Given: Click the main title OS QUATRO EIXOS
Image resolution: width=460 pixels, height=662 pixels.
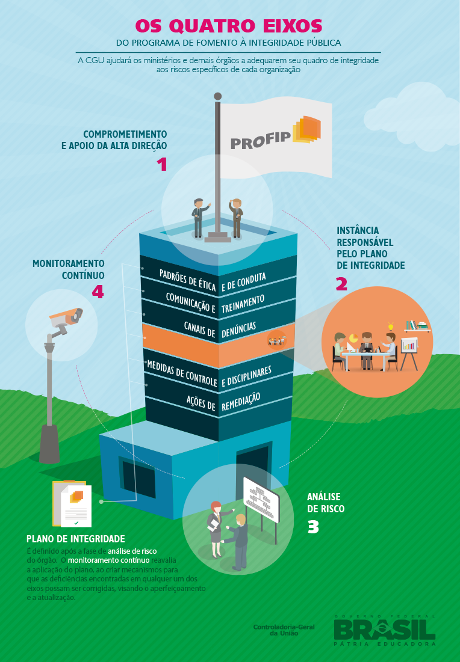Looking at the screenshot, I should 228,26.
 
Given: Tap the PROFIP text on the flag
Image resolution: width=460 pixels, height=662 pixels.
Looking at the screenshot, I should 261,142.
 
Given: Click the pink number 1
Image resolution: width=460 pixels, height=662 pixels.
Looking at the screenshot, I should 161,164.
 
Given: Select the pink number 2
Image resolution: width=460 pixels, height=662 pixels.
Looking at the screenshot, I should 341,284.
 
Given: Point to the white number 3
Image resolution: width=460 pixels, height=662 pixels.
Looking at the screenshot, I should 313,527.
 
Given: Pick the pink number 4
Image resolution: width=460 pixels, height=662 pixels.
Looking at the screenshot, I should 98,292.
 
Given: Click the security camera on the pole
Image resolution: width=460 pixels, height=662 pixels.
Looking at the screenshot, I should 65,319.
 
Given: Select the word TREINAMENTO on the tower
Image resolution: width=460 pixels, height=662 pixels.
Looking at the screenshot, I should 243,304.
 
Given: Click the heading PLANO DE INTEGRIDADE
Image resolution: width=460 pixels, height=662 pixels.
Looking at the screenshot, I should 76,539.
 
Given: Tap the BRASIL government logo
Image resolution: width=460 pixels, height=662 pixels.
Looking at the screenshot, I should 385,630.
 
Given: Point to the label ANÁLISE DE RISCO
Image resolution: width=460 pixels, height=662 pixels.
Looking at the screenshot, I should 326,503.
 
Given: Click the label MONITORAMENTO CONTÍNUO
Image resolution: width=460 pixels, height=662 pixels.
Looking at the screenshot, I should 68,269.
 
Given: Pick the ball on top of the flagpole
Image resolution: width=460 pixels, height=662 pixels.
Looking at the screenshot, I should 218,96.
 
